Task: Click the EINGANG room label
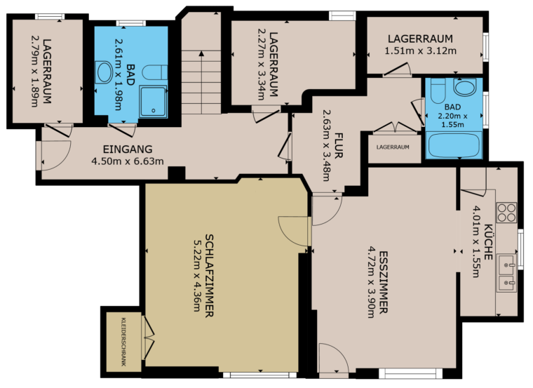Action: (128, 149)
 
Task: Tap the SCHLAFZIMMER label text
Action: (210, 276)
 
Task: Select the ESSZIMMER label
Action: (383, 282)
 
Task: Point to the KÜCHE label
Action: (488, 242)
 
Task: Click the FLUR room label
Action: (338, 145)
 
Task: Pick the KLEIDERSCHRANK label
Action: (123, 342)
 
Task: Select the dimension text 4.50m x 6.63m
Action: (128, 161)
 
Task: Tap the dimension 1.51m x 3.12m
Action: (421, 51)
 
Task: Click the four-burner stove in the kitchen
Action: (506, 213)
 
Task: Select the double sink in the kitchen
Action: (506, 272)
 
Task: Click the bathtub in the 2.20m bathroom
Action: (454, 145)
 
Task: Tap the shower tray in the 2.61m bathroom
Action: (153, 102)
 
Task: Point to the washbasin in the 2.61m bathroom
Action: (103, 72)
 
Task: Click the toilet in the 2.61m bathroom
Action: (155, 73)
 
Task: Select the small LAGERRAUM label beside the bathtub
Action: (393, 147)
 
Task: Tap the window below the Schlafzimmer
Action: (259, 375)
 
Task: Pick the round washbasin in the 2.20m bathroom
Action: (466, 87)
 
